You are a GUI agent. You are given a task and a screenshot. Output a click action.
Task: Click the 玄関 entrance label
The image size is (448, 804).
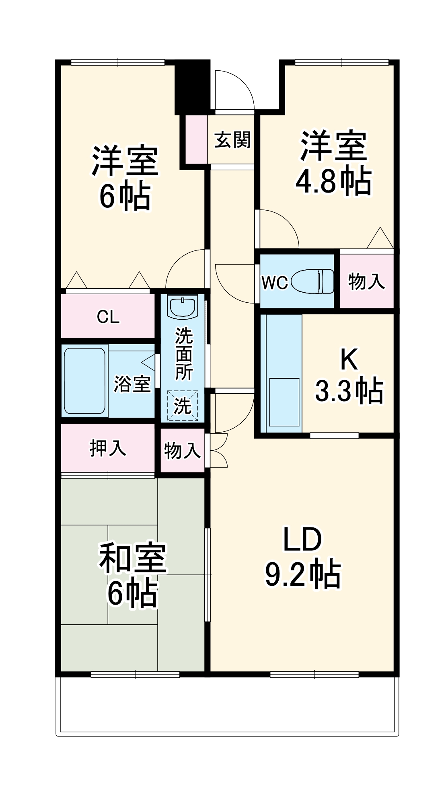pyautogui.click(x=232, y=140)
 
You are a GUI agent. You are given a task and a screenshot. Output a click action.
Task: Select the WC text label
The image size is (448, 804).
pyautogui.click(x=275, y=283)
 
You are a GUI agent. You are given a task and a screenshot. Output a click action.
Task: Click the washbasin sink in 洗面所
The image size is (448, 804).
pyautogui.click(x=183, y=307)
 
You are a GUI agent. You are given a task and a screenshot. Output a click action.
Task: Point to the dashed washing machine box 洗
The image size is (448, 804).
pyautogui.click(x=183, y=406)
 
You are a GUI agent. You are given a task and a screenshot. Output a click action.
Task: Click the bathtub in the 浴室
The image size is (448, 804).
pyautogui.click(x=85, y=381)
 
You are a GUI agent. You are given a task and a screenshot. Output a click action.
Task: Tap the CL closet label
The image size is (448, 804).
pyautogui.click(x=108, y=317)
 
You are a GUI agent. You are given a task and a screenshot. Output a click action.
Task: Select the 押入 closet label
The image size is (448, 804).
pyautogui.click(x=108, y=448)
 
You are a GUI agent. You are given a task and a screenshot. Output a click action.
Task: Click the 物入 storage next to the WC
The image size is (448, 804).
pyautogui.click(x=366, y=281)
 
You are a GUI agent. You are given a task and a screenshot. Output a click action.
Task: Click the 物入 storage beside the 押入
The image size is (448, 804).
pyautogui.click(x=182, y=450)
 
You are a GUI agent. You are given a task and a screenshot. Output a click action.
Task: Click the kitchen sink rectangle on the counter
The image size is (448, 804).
pyautogui.click(x=284, y=402)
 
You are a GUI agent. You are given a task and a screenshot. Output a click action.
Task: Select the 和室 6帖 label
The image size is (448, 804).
pyautogui.click(x=133, y=574)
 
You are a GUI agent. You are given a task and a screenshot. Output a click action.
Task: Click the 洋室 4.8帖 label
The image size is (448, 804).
pyautogui.click(x=333, y=163)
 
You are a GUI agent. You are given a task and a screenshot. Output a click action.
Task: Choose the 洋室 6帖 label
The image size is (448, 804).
pyautogui.click(x=125, y=178)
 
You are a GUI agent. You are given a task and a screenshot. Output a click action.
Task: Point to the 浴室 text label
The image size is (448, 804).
pyautogui.click(x=132, y=384)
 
